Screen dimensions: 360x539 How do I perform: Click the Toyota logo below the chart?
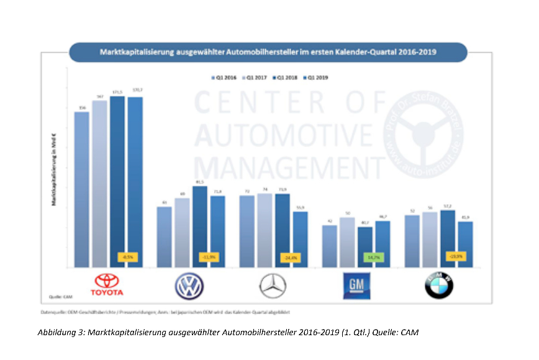pos(107,285)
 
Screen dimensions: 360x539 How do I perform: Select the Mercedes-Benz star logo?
pos(273,286)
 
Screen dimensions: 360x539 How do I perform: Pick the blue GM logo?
pos(356,286)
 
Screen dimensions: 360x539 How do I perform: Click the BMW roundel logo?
pos(438,286)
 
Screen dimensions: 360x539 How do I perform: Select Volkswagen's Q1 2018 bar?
pos(199,227)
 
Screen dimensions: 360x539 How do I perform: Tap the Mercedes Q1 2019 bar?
pos(300,240)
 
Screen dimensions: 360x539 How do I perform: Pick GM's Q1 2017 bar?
pos(348,243)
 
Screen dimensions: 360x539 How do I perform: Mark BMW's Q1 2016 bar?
pos(412,241)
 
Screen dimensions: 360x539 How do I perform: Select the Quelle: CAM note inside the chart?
pos(60,297)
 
